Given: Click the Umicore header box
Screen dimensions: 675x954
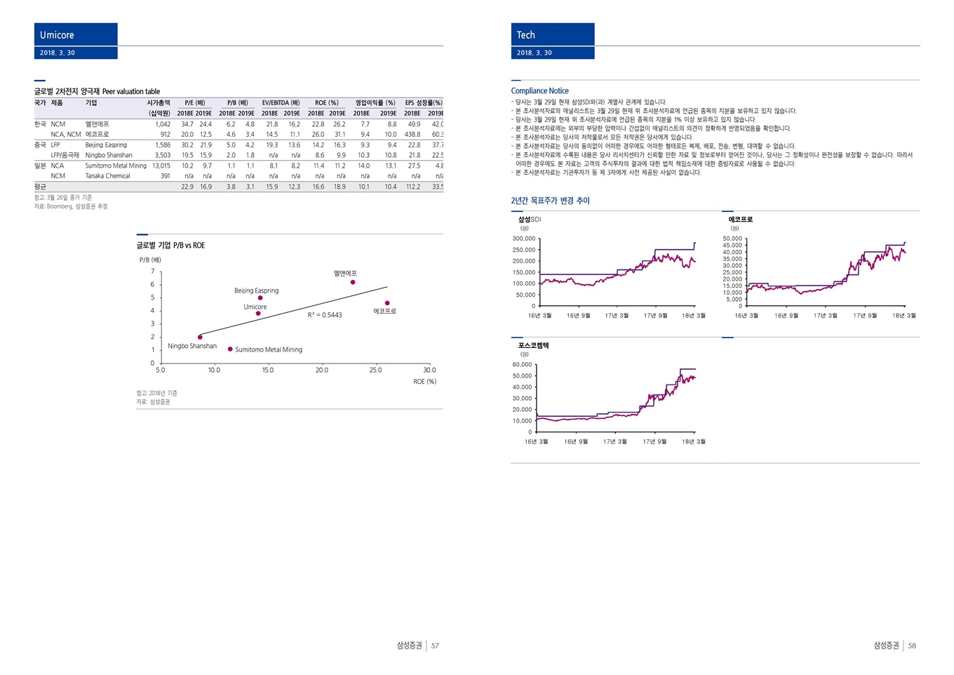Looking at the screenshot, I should click(75, 35).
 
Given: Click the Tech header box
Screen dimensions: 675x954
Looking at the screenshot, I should click(552, 35).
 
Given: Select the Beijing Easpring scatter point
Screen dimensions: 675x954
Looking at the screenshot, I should click(260, 298).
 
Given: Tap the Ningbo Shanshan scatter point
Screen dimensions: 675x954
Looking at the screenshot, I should click(200, 337).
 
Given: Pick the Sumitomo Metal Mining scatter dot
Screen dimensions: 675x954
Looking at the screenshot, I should click(230, 349).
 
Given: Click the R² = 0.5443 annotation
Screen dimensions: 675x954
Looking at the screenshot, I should click(325, 315).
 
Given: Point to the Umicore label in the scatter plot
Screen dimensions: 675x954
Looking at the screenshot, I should click(255, 307).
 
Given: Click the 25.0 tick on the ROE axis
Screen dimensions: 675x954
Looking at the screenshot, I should click(375, 370).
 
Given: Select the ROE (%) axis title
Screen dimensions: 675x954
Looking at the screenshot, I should click(424, 382).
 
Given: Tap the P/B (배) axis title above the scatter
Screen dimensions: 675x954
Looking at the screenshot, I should click(150, 260).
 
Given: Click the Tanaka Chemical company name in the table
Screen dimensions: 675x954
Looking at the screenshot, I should click(107, 176).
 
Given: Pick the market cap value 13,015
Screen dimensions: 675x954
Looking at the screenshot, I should click(161, 166).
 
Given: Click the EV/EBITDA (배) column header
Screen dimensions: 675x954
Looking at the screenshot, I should click(281, 103).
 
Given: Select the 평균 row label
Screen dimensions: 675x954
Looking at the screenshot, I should click(40, 187).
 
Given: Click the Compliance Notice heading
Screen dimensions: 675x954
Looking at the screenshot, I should click(539, 91).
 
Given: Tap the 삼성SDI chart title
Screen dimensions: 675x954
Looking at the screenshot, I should click(530, 220).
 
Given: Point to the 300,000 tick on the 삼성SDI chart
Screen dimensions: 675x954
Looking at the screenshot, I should click(523, 239).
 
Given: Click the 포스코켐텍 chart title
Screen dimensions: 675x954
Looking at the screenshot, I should click(533, 346).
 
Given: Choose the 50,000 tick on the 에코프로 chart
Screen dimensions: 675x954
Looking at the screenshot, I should click(732, 239).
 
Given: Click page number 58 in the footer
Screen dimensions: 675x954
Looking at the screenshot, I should click(912, 646).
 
